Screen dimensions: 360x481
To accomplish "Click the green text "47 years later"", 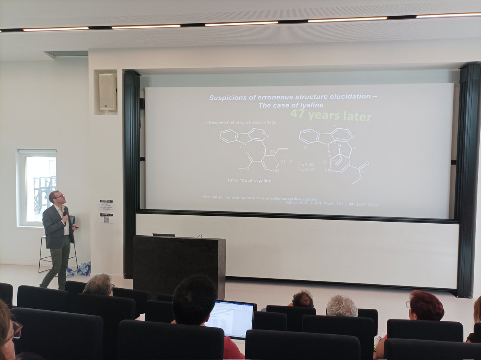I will coord(331,115).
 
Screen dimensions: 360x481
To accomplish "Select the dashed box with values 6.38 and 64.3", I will coord(307,167).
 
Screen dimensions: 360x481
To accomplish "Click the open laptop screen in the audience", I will coord(229,318).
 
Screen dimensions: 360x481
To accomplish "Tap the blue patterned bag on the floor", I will coord(84,269).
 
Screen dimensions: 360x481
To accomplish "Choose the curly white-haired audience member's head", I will coord(342,306).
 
